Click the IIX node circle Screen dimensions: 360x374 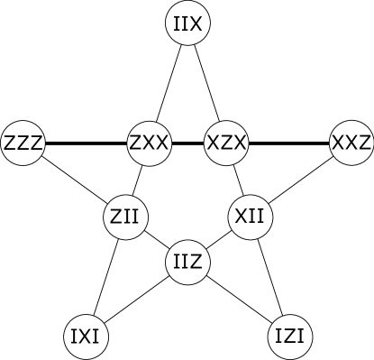(x=188, y=23)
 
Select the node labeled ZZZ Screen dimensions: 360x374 (x=23, y=143)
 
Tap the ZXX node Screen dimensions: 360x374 (x=150, y=143)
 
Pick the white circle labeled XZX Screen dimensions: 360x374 (x=226, y=143)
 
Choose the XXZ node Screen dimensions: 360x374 (x=351, y=143)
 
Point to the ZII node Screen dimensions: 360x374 (x=126, y=217)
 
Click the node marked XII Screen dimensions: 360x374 (x=249, y=217)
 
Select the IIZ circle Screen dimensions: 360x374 (x=188, y=263)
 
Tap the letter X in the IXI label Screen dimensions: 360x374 (x=87, y=337)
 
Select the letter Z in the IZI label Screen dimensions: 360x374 (x=290, y=337)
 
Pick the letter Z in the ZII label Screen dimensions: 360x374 (x=117, y=217)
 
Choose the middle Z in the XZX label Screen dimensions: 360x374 (x=226, y=143)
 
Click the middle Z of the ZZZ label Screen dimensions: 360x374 (x=23, y=143)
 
